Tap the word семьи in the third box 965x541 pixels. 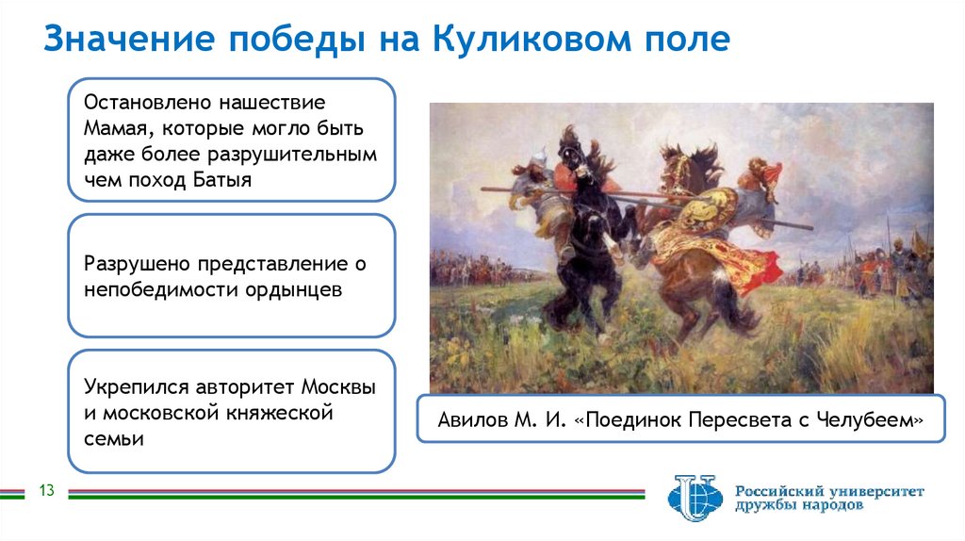click(x=113, y=438)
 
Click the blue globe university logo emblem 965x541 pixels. click(x=695, y=497)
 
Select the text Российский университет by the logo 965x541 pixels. click(x=829, y=491)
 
